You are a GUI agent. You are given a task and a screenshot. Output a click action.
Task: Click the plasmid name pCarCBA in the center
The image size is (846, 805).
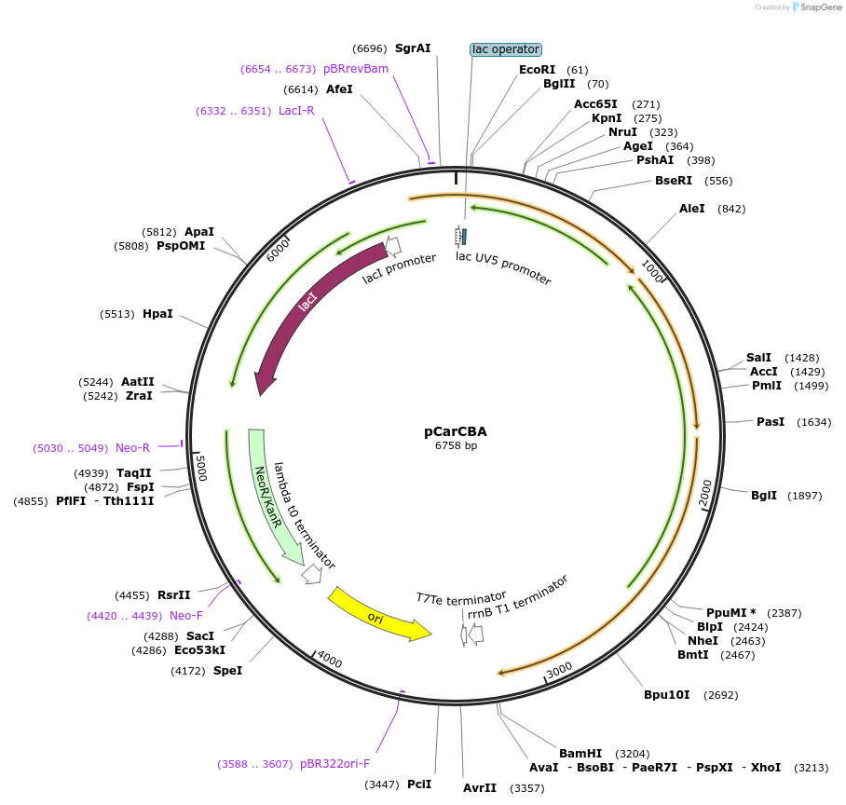[x=456, y=431]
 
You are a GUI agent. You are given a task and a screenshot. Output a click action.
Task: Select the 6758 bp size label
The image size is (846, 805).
[x=456, y=446]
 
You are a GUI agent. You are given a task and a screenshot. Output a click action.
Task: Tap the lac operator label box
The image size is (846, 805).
[x=506, y=49]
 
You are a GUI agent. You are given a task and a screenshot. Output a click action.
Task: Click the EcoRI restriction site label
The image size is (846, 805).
[x=537, y=70]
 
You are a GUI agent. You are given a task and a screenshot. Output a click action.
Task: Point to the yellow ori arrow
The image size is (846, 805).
[x=377, y=615]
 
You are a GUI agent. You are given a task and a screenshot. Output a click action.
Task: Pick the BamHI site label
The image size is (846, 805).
[x=580, y=753]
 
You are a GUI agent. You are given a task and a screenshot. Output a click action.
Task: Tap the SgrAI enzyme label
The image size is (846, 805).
[x=413, y=48]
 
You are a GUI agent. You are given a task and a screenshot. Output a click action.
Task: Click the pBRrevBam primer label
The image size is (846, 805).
[x=356, y=69]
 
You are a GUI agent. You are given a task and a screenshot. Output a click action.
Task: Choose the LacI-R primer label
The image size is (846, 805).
[x=296, y=111]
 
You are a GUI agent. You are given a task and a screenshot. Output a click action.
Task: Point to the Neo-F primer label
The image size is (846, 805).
[x=185, y=616]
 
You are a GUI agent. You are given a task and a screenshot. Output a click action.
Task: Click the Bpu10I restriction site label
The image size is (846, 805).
[x=667, y=695]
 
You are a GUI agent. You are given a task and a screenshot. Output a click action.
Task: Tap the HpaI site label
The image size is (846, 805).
[x=157, y=314]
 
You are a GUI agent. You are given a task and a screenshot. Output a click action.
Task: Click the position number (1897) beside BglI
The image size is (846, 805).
[x=805, y=496]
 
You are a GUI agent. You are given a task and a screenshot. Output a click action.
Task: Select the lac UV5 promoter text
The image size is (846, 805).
[x=503, y=267]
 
